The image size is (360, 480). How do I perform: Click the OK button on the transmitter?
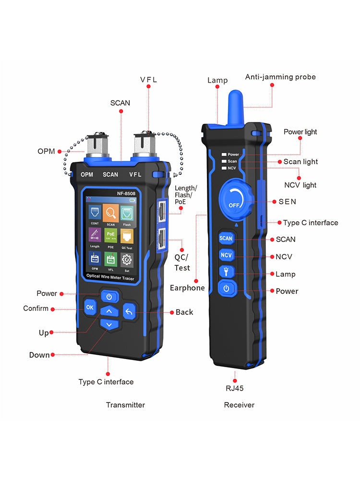pos(90,306)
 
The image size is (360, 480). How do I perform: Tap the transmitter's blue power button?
pos(109,296)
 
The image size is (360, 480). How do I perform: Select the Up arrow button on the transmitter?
pos(109,312)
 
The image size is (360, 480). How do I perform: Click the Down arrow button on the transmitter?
pos(109,325)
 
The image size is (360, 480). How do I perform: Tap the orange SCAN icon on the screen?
pos(111,213)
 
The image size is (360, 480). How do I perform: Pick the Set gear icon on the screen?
pos(127,260)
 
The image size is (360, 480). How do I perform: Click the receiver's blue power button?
pos(226,288)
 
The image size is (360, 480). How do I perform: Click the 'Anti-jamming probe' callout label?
pos(280,77)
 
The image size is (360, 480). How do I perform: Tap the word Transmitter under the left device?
pos(125,405)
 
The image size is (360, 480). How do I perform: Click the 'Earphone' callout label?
pos(187,288)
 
